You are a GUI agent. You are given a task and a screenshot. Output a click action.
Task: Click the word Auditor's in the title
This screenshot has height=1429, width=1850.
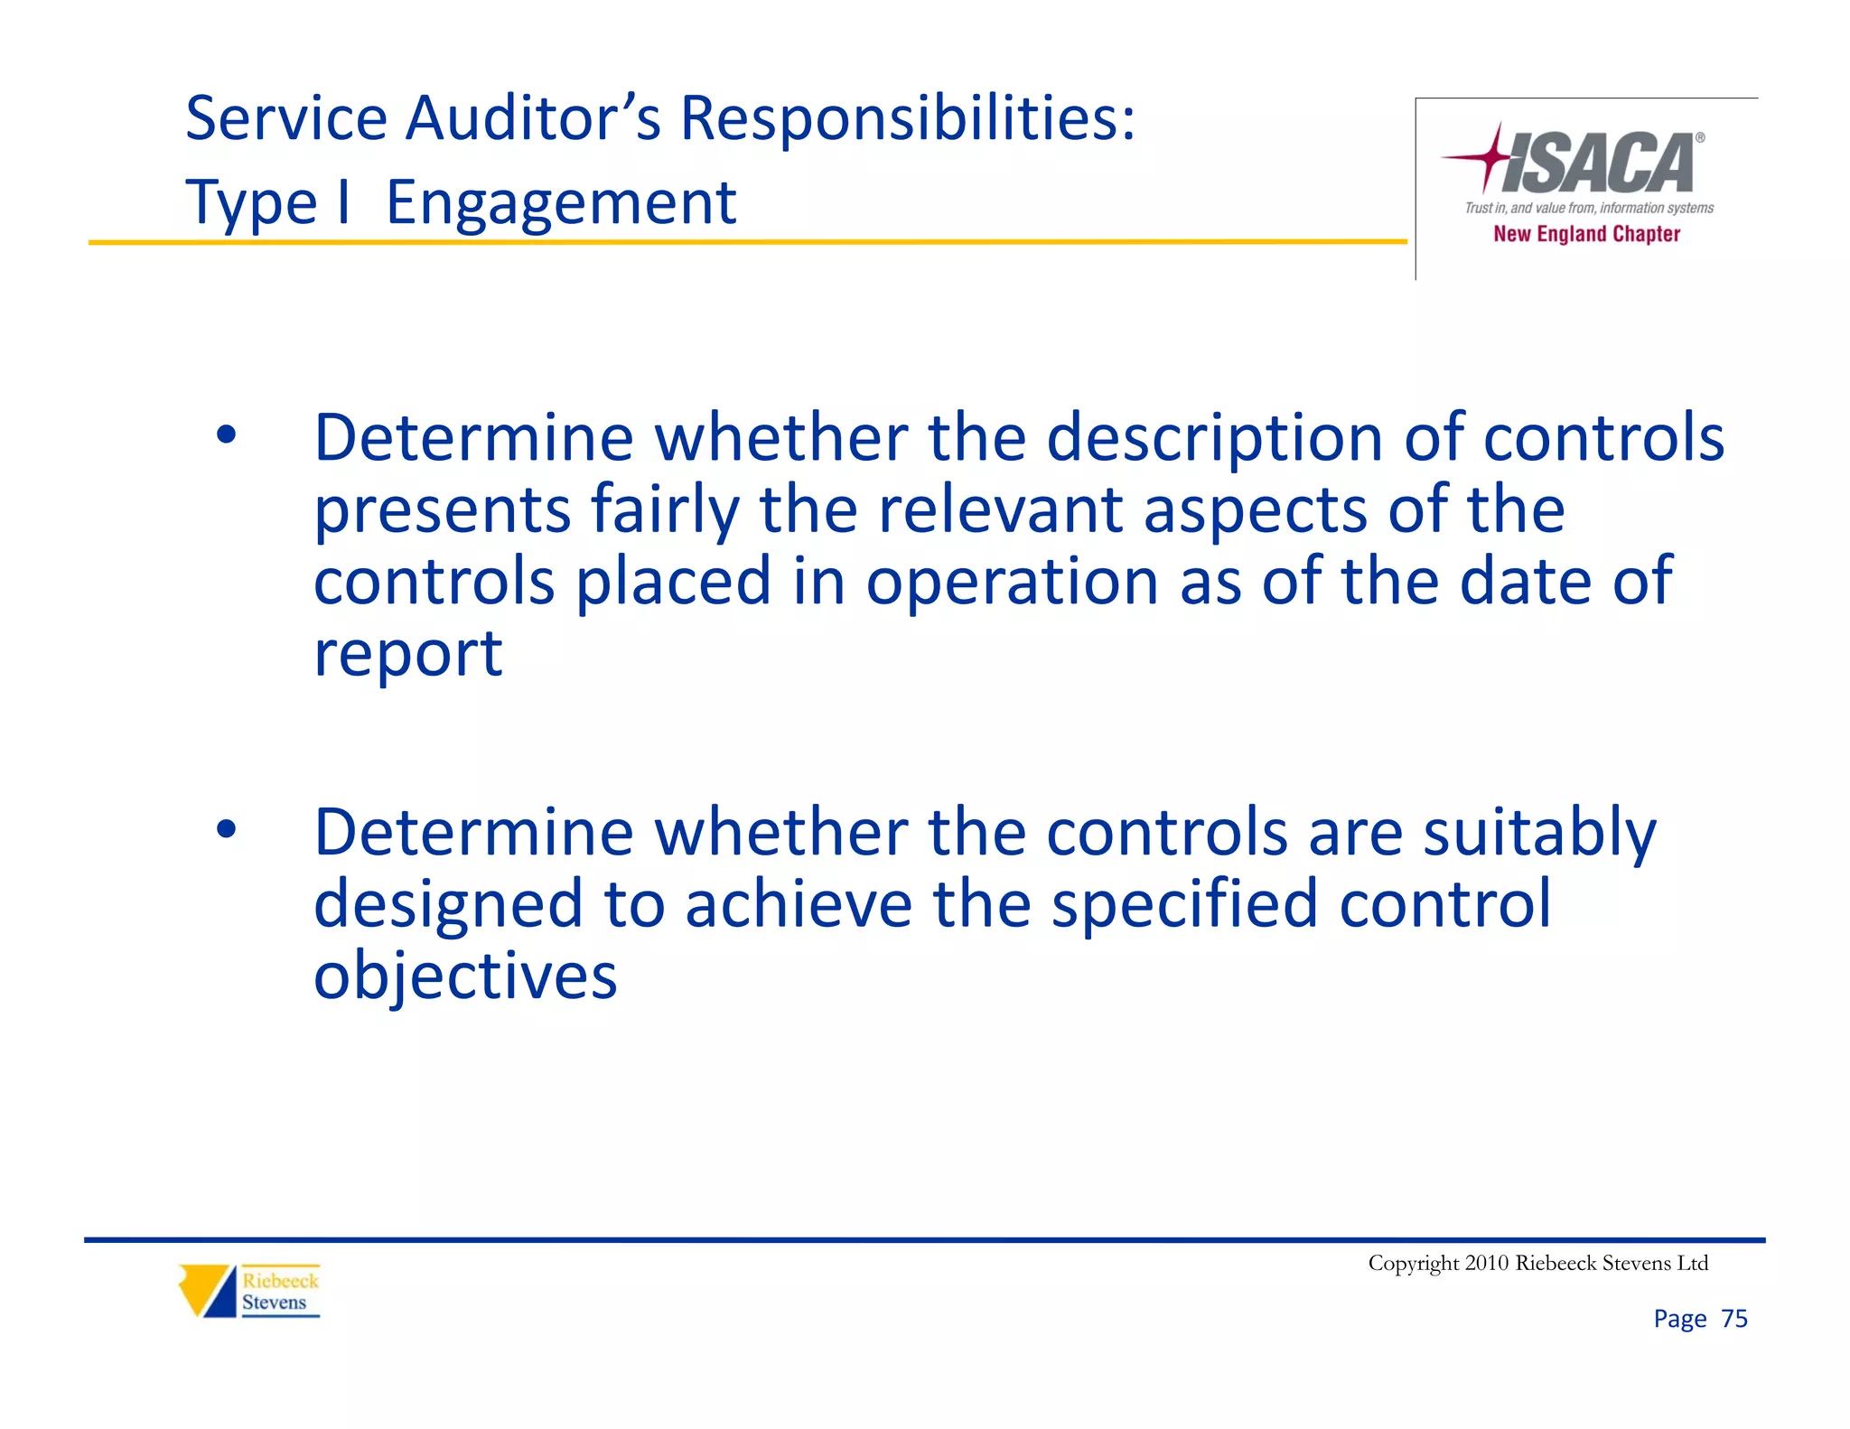[x=533, y=118]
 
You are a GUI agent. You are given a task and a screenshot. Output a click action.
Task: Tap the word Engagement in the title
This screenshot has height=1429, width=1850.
[x=560, y=202]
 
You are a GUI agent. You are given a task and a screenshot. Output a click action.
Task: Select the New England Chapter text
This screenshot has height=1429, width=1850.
[x=1586, y=234]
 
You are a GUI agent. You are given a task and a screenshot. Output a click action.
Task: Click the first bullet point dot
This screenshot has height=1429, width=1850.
[x=226, y=436]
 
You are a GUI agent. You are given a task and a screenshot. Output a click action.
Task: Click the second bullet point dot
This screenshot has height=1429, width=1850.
[x=226, y=829]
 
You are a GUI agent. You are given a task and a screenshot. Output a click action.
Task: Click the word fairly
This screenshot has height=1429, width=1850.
[x=665, y=510]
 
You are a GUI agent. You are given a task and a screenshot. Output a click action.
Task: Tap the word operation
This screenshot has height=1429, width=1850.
[x=1012, y=583]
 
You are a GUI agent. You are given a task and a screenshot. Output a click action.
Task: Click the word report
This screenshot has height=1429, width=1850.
[x=407, y=654]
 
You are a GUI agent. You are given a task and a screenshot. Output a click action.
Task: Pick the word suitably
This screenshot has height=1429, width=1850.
[x=1539, y=833]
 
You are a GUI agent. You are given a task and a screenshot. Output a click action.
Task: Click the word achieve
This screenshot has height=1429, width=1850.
[x=799, y=904]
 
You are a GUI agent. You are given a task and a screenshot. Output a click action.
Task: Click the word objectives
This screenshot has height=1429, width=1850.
[x=465, y=976]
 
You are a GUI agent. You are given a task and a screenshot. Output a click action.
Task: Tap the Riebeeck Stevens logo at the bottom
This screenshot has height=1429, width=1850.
[x=249, y=1291]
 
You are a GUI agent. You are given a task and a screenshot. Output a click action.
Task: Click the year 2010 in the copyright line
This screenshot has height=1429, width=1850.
[x=1486, y=1263]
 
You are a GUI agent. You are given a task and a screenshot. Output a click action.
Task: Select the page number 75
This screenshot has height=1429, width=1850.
[x=1733, y=1319]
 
